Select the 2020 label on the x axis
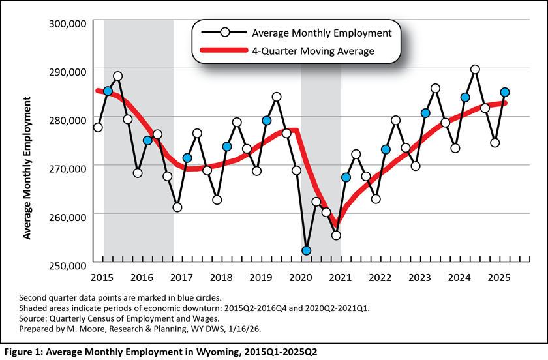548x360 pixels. (300, 278)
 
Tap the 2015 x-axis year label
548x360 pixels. (101, 278)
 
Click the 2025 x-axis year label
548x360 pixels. (498, 278)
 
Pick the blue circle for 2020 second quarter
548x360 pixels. (306, 250)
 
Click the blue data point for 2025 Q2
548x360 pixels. (505, 93)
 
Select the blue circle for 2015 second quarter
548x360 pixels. (108, 91)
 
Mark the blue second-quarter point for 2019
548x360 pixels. (266, 121)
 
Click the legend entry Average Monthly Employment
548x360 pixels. (321, 33)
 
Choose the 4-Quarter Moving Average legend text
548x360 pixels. (312, 51)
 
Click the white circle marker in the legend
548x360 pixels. (224, 33)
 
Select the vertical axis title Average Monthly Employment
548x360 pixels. (27, 168)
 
